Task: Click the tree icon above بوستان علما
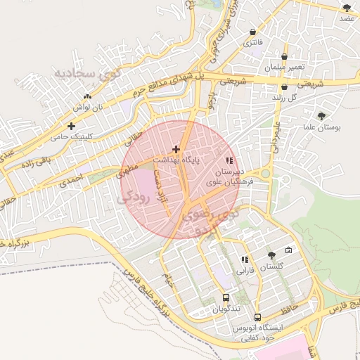click(321, 116)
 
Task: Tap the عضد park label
click(347, 19)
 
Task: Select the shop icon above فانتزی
click(252, 32)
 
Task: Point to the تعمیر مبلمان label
click(285, 68)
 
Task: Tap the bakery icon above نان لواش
click(87, 97)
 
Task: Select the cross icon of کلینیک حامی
click(71, 126)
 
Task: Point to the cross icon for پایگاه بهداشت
click(176, 149)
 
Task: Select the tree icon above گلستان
click(271, 255)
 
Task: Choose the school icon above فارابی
click(244, 259)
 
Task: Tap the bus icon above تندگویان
click(226, 297)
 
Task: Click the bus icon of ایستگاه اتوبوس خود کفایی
click(257, 317)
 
